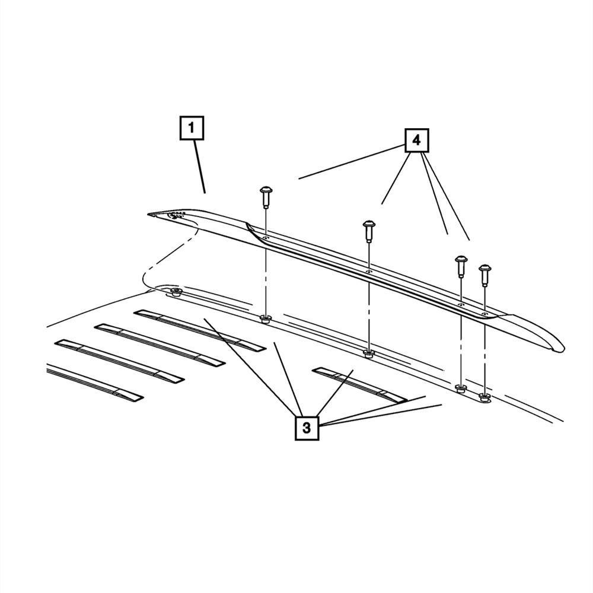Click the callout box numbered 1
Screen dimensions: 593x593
coord(192,128)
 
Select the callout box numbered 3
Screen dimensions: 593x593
coord(307,428)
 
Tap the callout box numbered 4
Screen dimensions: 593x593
coord(417,141)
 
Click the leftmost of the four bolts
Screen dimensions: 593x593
coord(266,197)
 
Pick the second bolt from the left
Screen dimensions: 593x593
coord(369,231)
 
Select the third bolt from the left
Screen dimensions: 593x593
coord(461,266)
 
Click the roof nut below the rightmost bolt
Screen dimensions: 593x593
coord(484,397)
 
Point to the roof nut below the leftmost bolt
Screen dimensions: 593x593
coord(266,319)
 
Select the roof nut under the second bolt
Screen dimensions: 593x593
coord(369,353)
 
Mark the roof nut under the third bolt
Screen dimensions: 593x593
coord(460,388)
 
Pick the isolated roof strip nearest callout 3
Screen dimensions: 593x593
coord(359,384)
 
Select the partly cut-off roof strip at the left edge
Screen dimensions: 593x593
coord(95,382)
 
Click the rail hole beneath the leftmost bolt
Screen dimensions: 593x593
coord(266,238)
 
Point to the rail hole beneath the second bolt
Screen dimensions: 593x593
coord(369,272)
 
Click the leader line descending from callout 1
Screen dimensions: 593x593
coord(200,167)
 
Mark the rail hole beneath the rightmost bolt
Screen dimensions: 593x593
coord(484,314)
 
